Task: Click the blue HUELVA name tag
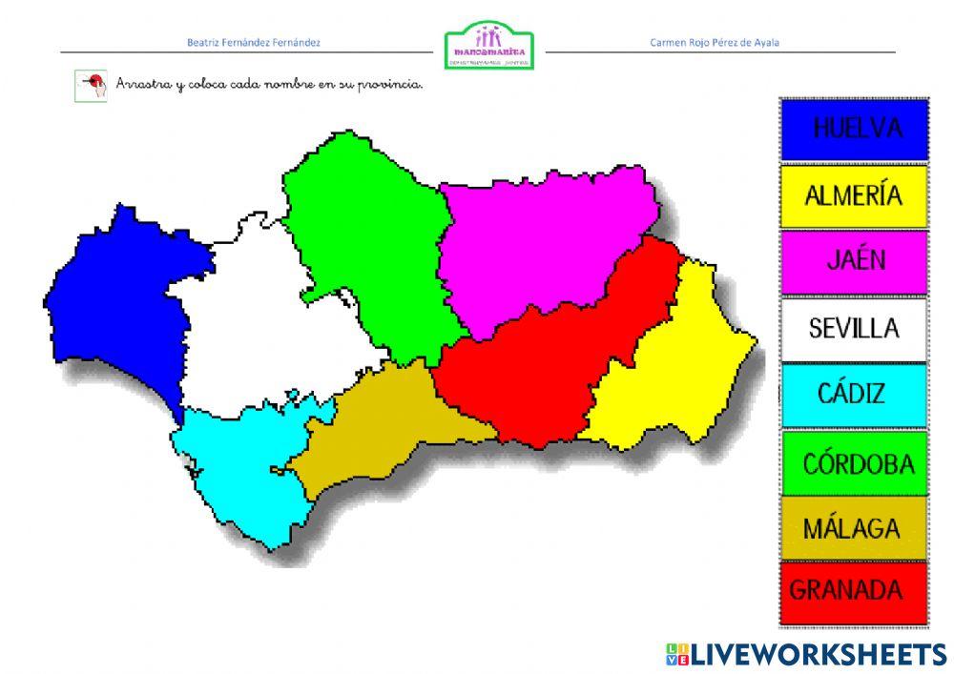pyautogui.click(x=854, y=129)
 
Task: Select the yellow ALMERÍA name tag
pyautogui.click(x=854, y=195)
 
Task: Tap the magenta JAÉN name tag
pyautogui.click(x=854, y=261)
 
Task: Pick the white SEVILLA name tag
pyautogui.click(x=854, y=328)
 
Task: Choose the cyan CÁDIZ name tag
pyautogui.click(x=854, y=394)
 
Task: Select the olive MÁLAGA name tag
pyautogui.click(x=854, y=527)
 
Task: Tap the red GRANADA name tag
pyautogui.click(x=854, y=591)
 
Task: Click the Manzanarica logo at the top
pyautogui.click(x=488, y=46)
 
